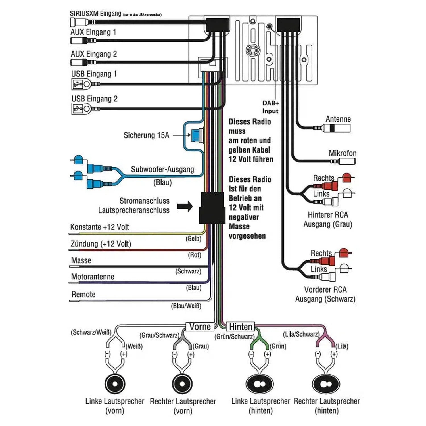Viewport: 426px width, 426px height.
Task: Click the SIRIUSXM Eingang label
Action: click(95, 13)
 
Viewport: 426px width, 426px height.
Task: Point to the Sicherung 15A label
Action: click(146, 135)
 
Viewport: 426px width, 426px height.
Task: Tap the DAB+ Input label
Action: click(270, 107)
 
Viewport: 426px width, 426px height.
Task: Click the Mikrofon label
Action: click(343, 153)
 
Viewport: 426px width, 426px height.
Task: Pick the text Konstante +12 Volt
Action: click(99, 227)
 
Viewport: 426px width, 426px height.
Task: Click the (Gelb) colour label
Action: click(193, 239)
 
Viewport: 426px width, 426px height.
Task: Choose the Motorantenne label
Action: click(93, 277)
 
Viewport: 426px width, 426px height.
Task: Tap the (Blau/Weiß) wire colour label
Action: click(186, 306)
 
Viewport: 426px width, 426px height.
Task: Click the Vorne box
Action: click(200, 327)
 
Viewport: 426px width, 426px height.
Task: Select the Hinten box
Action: click(241, 327)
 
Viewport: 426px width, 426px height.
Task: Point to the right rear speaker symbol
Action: click(326, 384)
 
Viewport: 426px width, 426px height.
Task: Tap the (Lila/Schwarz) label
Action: click(301, 334)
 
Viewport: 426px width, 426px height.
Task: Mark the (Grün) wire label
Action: click(278, 346)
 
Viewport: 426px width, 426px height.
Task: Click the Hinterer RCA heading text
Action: click(328, 215)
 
